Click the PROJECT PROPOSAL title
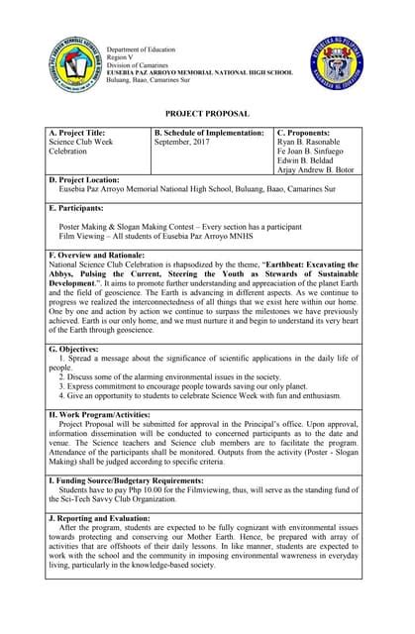[207, 114]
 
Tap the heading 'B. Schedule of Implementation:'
[209, 133]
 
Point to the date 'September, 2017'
[185, 143]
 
